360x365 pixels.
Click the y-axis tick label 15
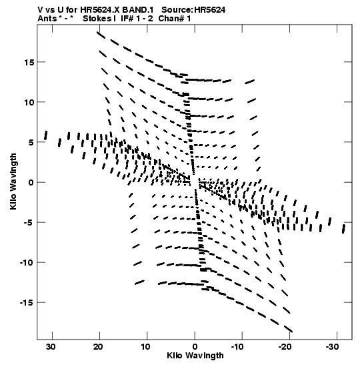tap(29, 62)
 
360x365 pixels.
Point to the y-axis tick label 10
tap(29, 102)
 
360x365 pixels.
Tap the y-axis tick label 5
tap(31, 142)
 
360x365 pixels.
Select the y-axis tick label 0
tap(31, 183)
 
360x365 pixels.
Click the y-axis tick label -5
tap(29, 223)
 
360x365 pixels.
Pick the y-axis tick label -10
tap(27, 263)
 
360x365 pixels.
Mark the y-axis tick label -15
tap(27, 303)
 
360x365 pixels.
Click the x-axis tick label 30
tap(51, 347)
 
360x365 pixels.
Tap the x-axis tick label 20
tap(98, 347)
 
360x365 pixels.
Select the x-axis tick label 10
tap(145, 347)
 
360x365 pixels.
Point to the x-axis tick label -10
tap(237, 347)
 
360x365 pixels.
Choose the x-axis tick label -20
tap(285, 347)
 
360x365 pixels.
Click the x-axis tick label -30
tap(332, 347)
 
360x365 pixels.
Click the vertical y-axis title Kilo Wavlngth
tap(13, 181)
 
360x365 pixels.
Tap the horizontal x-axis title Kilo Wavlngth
tap(195, 356)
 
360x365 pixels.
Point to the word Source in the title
tap(177, 10)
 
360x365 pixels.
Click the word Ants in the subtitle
tap(47, 19)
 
